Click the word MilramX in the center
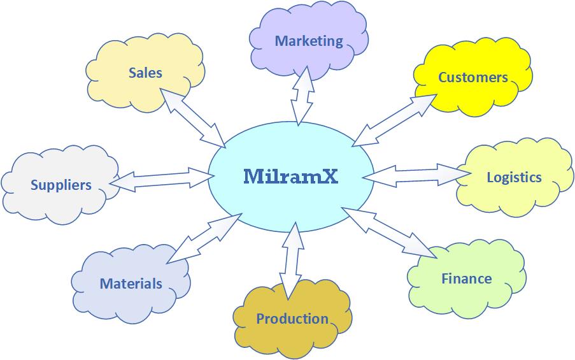[x=290, y=176]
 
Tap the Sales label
[x=145, y=73]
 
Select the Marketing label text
[x=309, y=41]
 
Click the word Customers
[x=473, y=78]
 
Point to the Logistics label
[x=514, y=177]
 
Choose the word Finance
[x=467, y=278]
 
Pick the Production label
[x=292, y=319]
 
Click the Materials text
[x=131, y=284]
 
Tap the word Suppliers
[x=61, y=185]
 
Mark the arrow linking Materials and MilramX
[x=204, y=238]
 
